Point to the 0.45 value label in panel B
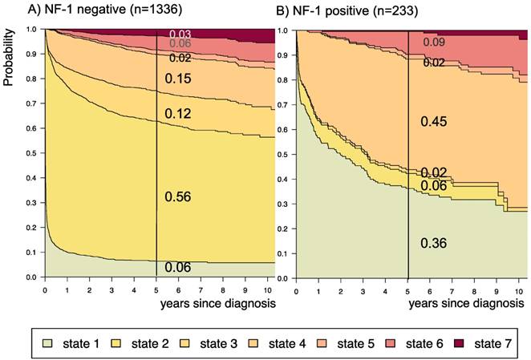(434, 121)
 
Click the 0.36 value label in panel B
(434, 243)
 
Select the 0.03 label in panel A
(180, 33)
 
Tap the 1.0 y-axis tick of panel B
(282, 30)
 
